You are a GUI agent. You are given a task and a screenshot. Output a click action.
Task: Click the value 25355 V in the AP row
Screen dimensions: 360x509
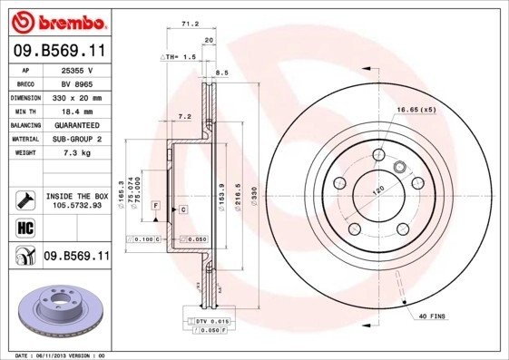(x=77, y=69)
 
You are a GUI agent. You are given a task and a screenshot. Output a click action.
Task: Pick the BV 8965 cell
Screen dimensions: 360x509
(x=77, y=83)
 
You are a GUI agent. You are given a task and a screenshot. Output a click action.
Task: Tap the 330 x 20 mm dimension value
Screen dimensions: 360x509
(x=77, y=96)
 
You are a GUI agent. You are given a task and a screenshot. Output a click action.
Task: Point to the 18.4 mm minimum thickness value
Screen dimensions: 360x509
(x=77, y=110)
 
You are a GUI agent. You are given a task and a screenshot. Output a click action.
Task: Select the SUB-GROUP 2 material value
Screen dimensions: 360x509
(x=77, y=138)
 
